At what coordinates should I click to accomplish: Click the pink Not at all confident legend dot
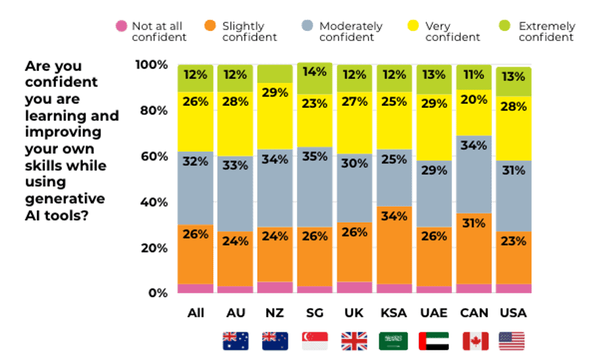121,26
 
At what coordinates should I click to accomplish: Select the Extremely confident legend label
546,32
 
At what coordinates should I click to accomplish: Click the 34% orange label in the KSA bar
393,216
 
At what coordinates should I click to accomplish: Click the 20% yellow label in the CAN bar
474,100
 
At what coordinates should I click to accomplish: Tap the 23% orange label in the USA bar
513,241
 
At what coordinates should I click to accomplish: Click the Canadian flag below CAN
474,341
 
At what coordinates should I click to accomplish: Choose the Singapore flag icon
315,341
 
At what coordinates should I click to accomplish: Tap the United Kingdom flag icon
354,341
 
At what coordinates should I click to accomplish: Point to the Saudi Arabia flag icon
393,341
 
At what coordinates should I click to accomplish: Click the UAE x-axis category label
433,313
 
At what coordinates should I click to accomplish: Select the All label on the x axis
195,313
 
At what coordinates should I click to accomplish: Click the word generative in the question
65,198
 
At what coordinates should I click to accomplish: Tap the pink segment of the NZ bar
275,288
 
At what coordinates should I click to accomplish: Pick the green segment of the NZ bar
275,73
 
